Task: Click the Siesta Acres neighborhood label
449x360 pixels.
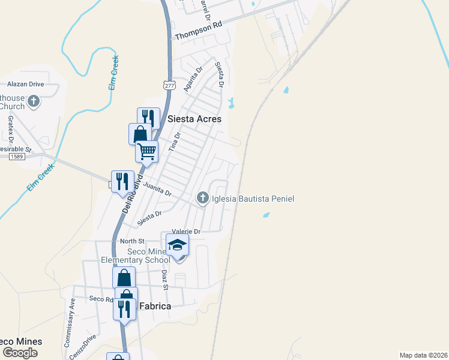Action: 186,119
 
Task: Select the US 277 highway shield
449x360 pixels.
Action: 169,85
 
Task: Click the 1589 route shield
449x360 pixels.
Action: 16,157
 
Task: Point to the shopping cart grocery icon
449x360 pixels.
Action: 146,152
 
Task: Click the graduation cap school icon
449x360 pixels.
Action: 177,245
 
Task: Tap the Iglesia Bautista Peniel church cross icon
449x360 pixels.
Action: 203,198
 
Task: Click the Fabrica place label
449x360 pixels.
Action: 155,306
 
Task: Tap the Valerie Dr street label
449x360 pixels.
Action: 185,231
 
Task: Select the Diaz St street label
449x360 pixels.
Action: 165,279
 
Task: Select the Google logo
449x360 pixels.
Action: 20,353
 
